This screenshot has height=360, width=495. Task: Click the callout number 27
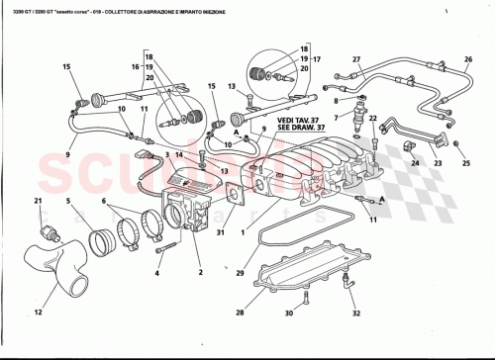pos(357,59)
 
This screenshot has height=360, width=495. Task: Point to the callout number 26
pos(469,59)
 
